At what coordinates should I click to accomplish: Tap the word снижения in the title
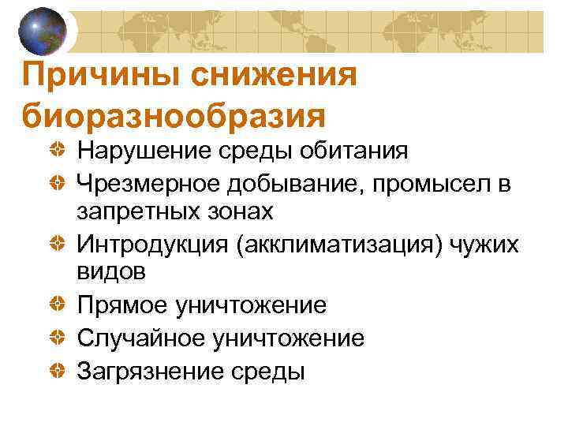pos(282,77)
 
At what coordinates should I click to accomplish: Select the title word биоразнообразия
pos(174,115)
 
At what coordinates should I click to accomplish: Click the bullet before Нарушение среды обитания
pos(56,149)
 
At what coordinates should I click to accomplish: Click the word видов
pos(112,273)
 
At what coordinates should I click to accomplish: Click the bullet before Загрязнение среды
pos(56,368)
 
